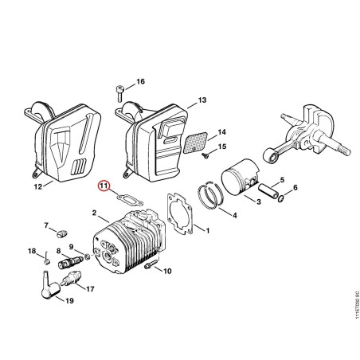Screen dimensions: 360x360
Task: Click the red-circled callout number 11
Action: point(104,186)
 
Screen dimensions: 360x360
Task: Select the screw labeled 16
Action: point(119,93)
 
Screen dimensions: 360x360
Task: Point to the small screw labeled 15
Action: point(205,155)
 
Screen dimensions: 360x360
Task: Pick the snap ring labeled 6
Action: point(281,198)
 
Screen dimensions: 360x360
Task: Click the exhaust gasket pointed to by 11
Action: point(130,200)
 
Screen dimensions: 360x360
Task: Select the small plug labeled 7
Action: point(61,234)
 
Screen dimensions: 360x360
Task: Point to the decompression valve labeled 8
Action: point(70,262)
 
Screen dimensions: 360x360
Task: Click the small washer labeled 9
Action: point(87,257)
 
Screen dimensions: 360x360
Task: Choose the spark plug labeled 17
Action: point(71,279)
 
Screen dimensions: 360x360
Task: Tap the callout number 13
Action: point(202,100)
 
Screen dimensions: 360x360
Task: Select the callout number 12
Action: point(38,187)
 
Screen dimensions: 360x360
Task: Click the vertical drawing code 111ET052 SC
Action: point(357,305)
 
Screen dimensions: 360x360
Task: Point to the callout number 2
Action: point(94,213)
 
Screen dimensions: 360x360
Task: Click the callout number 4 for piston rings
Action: point(235,215)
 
